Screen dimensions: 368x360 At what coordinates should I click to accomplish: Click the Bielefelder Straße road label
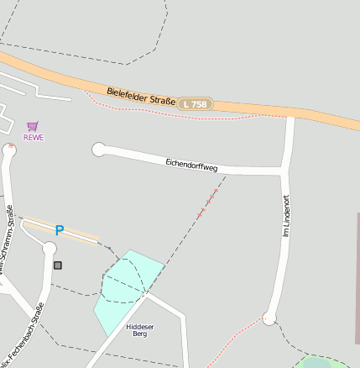click(x=141, y=95)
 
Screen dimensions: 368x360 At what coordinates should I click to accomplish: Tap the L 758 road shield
click(x=195, y=104)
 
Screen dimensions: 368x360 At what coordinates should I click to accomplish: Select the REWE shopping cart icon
click(x=32, y=126)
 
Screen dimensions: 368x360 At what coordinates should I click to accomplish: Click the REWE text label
click(x=33, y=137)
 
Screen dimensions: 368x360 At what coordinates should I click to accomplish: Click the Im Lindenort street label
click(x=286, y=216)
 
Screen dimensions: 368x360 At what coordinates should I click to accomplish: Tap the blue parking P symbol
click(x=59, y=229)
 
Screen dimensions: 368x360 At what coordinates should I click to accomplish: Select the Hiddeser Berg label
click(x=140, y=329)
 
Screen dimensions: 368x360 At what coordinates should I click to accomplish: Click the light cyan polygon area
click(x=126, y=286)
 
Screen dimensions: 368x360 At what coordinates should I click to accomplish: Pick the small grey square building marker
click(x=58, y=265)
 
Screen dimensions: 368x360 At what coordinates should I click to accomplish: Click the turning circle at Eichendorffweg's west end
click(x=99, y=150)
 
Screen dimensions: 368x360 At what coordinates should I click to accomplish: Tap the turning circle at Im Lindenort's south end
click(x=269, y=318)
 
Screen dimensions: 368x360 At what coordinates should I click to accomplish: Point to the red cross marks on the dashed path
click(x=206, y=204)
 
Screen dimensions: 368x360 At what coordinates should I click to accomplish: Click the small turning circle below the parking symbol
click(x=49, y=248)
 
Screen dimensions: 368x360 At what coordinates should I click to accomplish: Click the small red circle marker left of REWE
click(x=11, y=146)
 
